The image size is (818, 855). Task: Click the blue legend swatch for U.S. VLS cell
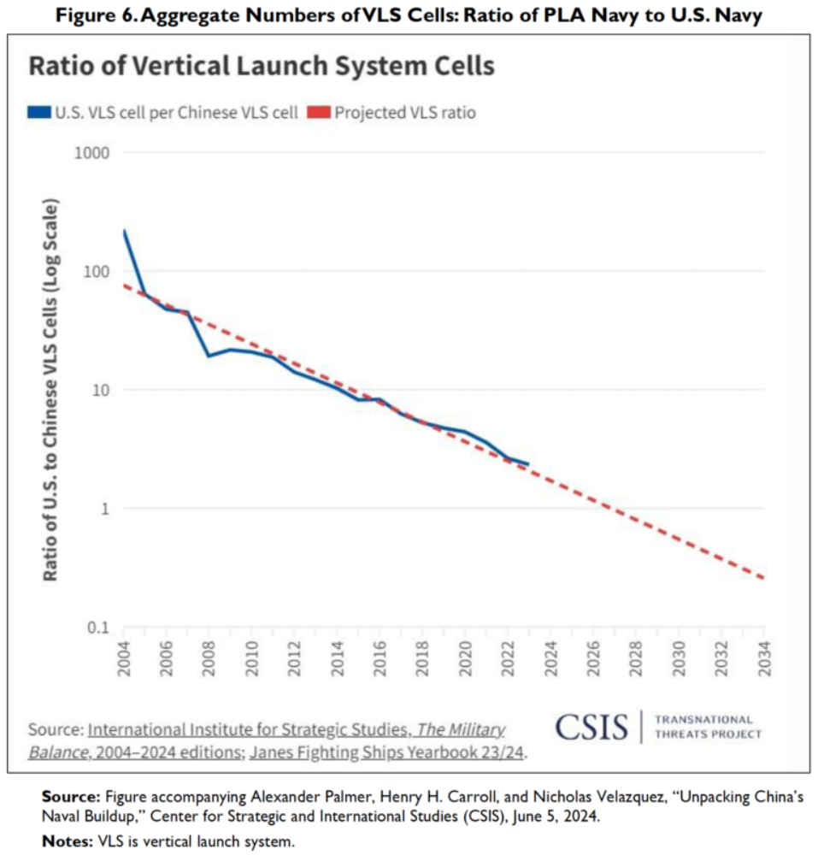(x=38, y=113)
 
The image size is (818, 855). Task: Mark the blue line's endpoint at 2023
(x=528, y=464)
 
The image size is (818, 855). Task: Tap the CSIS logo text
(x=591, y=727)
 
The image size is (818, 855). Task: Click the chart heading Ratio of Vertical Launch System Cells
(x=262, y=67)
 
